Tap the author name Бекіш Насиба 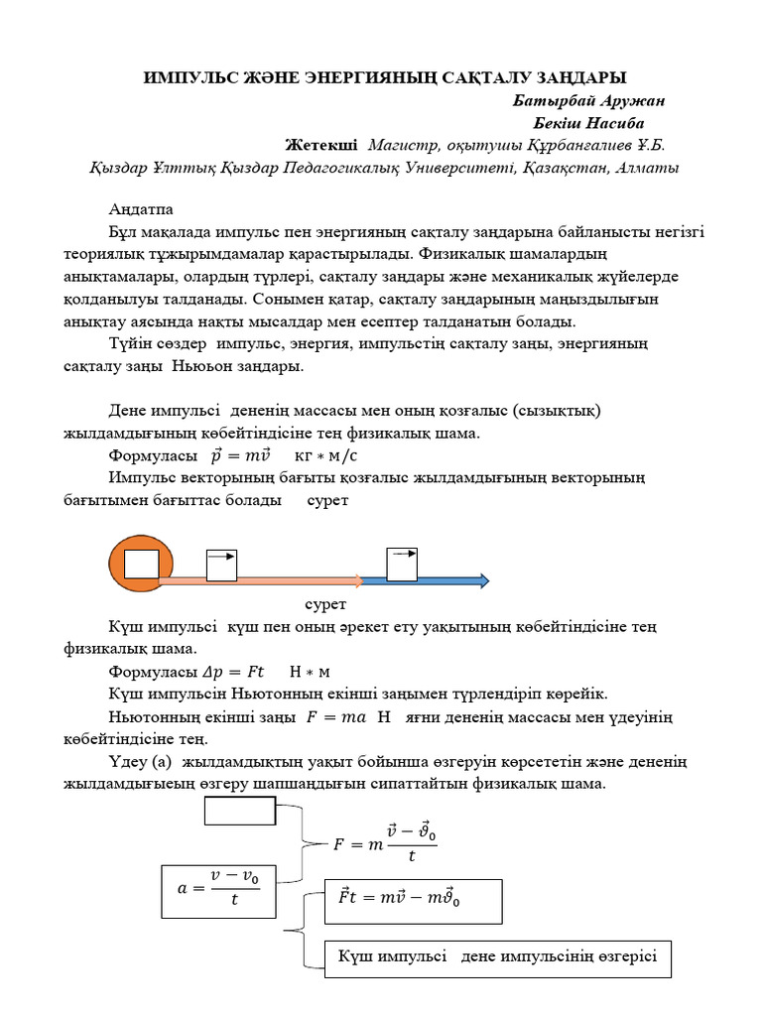coord(592,123)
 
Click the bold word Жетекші coord(321,145)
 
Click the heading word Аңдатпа coord(140,210)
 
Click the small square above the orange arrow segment coord(221,565)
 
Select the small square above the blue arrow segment coord(402,563)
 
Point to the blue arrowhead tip coord(486,580)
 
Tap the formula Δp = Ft coord(228,672)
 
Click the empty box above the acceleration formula coord(239,811)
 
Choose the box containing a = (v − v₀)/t coord(219,889)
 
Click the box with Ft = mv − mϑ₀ coord(414,899)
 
